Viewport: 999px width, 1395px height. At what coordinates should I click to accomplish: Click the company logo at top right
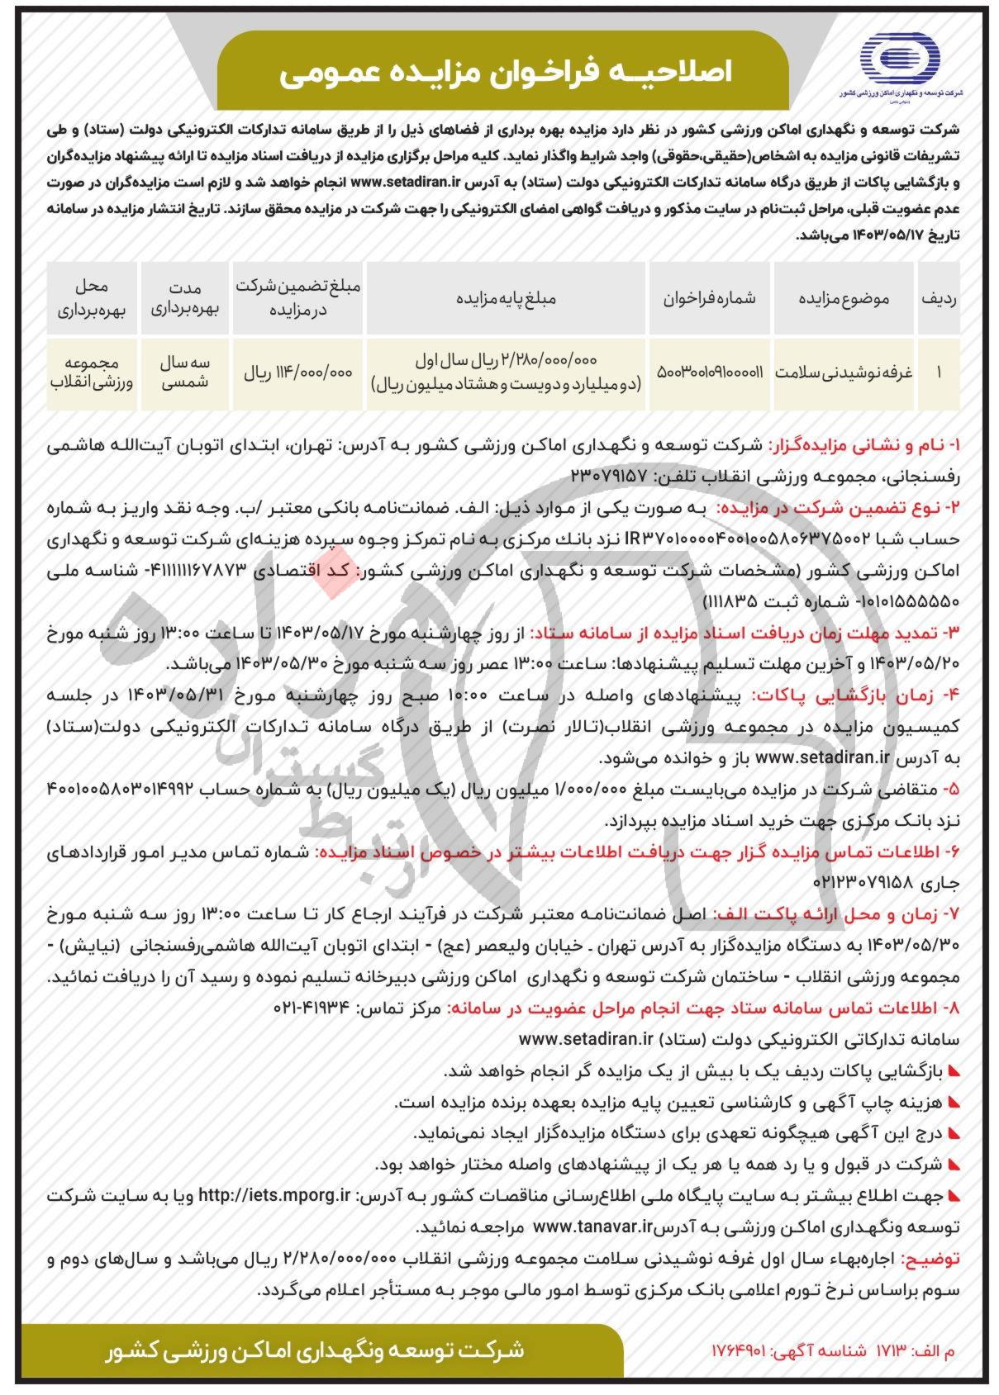(x=900, y=63)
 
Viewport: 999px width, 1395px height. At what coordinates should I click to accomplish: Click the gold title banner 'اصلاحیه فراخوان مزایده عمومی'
(x=505, y=74)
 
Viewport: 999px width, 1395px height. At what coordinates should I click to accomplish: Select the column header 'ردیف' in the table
(x=939, y=299)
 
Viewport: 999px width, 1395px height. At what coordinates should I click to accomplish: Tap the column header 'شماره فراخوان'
(x=710, y=299)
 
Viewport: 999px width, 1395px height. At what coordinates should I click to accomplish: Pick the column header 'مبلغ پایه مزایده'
(x=507, y=299)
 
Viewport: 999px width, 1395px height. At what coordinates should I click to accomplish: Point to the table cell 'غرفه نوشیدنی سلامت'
(x=843, y=372)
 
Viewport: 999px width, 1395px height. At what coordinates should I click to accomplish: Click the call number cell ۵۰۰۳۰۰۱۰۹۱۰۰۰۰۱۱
(x=710, y=372)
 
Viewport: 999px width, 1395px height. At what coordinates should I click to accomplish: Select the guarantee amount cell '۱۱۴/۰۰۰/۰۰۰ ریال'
(x=297, y=372)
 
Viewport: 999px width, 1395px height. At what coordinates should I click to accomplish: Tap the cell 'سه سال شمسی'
(x=185, y=372)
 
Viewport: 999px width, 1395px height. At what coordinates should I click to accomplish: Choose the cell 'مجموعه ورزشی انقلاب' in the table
(x=92, y=372)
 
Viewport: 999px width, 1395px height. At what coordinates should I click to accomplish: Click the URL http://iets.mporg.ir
(x=275, y=1195)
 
